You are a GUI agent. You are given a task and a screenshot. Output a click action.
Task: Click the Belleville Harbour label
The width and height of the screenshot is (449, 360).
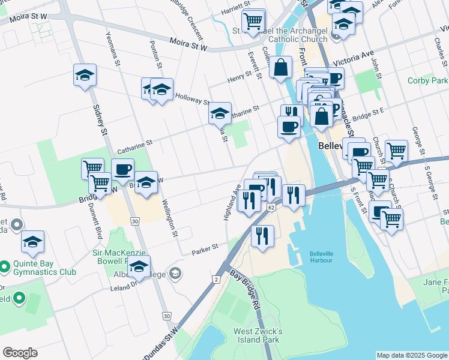[x=325, y=256]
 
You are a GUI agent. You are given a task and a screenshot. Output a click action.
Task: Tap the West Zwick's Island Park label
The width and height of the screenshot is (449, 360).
[x=258, y=335]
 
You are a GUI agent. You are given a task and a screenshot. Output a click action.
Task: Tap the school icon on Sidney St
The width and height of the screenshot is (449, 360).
[x=85, y=75]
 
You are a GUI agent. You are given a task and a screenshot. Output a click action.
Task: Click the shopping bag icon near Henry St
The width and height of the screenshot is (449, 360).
[x=280, y=68]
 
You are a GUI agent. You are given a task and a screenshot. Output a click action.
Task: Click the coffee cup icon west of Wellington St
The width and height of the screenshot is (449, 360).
[x=122, y=170]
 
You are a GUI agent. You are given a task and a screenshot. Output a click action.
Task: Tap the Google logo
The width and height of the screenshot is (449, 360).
[x=20, y=353]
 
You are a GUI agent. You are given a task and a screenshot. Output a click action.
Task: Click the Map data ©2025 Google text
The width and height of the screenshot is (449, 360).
[x=412, y=355]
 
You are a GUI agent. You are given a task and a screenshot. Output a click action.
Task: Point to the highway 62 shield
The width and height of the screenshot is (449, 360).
[x=271, y=207]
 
